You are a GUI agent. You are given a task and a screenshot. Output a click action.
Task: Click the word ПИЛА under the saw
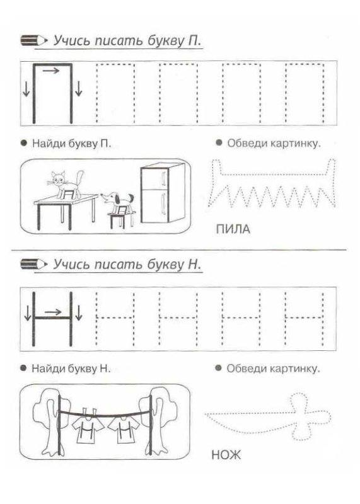coord(233,230)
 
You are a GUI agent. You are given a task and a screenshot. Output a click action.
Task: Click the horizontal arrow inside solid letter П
coord(52,71)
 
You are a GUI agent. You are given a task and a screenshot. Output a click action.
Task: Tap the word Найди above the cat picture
coord(45,144)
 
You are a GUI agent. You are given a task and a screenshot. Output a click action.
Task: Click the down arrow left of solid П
coord(26,90)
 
